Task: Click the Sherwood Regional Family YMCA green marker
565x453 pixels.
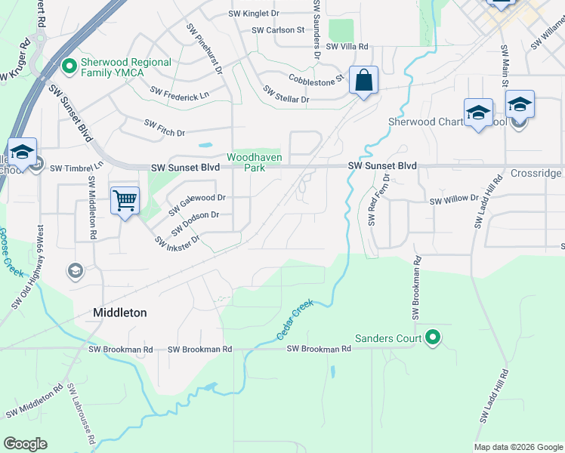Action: [69, 67]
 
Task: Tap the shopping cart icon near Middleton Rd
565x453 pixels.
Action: [125, 201]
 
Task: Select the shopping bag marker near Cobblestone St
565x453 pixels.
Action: [363, 79]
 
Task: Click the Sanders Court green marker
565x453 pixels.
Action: [433, 337]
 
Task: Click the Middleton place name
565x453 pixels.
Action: [119, 312]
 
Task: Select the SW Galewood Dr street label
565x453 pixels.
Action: [197, 202]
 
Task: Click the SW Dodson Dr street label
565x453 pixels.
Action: [195, 221]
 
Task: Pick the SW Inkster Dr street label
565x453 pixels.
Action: [177, 241]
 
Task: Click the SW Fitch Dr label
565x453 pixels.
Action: [165, 127]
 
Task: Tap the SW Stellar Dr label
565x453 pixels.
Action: [286, 94]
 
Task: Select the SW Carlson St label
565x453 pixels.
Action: [277, 30]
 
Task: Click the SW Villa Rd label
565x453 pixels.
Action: [347, 46]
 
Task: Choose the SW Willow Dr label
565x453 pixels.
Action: [454, 201]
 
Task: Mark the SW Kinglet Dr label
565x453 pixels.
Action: [255, 14]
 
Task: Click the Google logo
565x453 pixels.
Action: [25, 444]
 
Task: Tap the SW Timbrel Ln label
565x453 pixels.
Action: [76, 168]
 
